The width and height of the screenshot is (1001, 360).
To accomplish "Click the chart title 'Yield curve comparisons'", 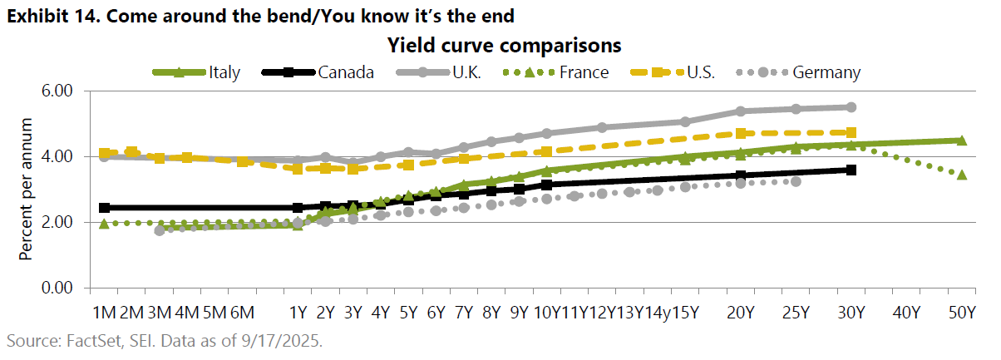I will [504, 44].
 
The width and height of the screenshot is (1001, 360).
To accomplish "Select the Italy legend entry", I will [196, 72].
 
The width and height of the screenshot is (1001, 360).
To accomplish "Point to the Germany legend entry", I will [796, 72].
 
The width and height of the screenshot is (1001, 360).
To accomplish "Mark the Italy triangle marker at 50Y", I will [961, 141].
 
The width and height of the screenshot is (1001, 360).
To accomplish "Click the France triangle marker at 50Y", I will [961, 174].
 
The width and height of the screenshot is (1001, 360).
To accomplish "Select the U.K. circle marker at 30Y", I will [851, 107].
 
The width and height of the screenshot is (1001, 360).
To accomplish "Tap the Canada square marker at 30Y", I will [851, 170].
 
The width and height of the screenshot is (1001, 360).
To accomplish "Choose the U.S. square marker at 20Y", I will [741, 134].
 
